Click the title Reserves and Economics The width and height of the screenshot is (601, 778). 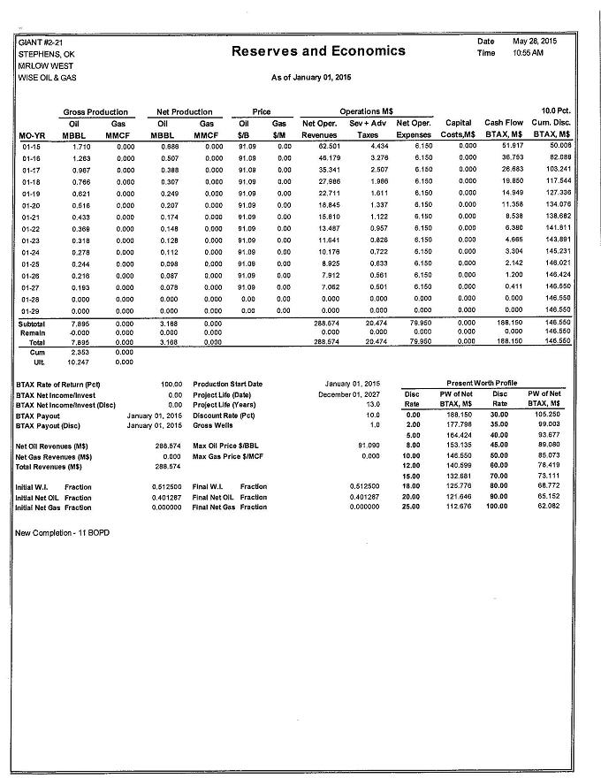point(318,51)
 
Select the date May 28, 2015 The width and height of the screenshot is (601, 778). point(536,42)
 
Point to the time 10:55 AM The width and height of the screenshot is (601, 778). point(528,54)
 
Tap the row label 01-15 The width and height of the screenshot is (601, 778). point(32,145)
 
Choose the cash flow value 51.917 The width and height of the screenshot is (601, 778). point(513,145)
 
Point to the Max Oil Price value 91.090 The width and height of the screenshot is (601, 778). point(369,446)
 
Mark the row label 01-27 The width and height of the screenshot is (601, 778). point(32,286)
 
